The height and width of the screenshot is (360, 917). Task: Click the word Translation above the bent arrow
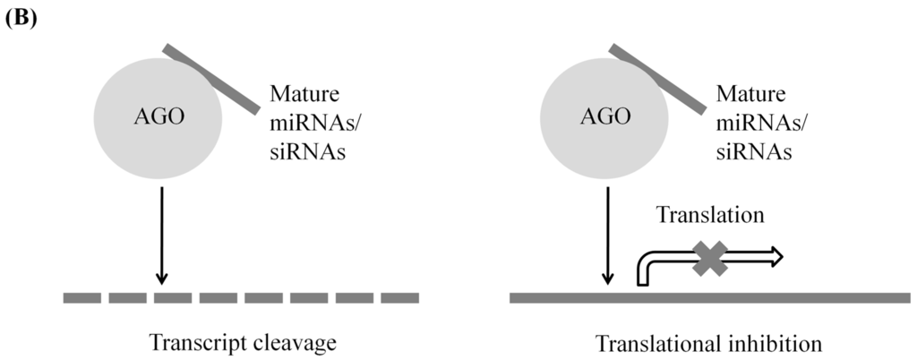point(709,216)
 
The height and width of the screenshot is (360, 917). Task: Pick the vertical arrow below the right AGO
point(608,233)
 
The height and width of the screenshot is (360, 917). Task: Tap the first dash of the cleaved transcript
point(81,297)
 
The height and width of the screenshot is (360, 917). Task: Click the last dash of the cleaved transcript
point(400,297)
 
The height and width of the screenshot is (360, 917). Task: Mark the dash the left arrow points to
point(173,297)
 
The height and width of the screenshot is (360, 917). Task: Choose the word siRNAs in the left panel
point(308,153)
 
